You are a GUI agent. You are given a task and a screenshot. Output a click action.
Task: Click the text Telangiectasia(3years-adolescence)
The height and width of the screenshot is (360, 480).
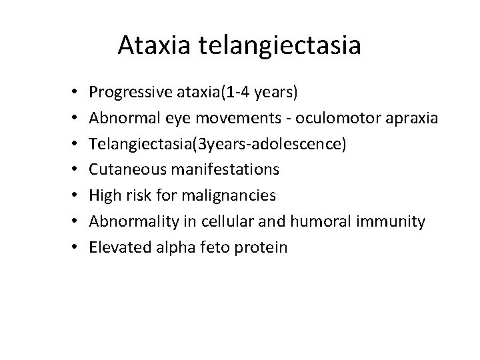pos(217,144)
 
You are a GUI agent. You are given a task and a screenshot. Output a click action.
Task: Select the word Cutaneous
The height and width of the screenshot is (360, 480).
pos(123,170)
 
